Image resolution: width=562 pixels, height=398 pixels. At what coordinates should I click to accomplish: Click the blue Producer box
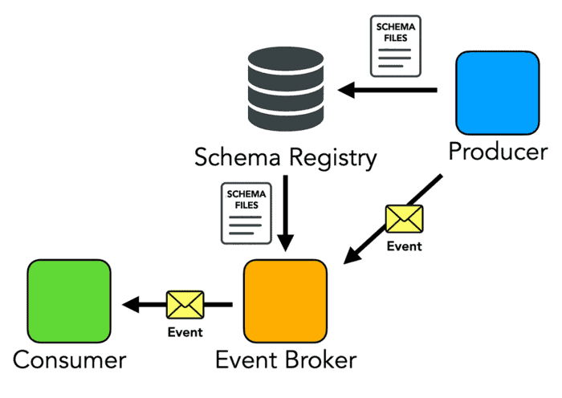(x=498, y=93)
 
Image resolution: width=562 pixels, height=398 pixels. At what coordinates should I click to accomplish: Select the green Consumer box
(x=69, y=301)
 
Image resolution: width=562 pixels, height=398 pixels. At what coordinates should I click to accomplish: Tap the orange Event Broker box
(x=285, y=301)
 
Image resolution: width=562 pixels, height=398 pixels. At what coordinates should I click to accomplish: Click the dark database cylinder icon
(x=286, y=89)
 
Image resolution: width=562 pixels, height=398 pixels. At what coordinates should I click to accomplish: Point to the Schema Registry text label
(x=285, y=157)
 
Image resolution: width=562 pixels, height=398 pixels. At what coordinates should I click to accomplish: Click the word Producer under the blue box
(x=499, y=152)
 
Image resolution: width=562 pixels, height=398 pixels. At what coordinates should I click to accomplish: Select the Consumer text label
(x=70, y=360)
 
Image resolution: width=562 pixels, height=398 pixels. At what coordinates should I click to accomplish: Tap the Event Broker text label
(x=286, y=360)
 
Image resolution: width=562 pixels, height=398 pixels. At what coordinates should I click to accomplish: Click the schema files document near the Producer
(x=395, y=46)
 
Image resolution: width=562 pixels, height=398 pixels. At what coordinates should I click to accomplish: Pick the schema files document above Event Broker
(x=246, y=213)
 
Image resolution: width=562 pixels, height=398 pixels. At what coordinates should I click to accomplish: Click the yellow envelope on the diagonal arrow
(x=405, y=218)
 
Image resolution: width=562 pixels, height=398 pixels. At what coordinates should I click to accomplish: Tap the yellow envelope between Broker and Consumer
(x=185, y=304)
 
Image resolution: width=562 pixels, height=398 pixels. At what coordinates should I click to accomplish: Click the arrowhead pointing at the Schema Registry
(x=346, y=90)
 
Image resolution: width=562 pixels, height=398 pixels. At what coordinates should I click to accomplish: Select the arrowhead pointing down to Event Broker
(x=286, y=243)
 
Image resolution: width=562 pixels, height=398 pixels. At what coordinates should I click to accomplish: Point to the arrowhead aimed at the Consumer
(x=130, y=304)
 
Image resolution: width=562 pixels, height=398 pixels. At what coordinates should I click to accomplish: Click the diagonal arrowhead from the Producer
(x=352, y=256)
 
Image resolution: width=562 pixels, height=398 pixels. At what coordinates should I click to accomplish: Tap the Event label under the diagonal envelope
(x=405, y=246)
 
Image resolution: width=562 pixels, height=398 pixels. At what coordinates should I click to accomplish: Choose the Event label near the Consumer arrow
(x=185, y=332)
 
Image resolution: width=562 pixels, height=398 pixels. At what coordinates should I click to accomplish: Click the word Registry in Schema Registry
(x=333, y=157)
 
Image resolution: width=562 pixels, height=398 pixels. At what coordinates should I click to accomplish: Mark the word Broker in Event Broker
(x=321, y=360)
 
